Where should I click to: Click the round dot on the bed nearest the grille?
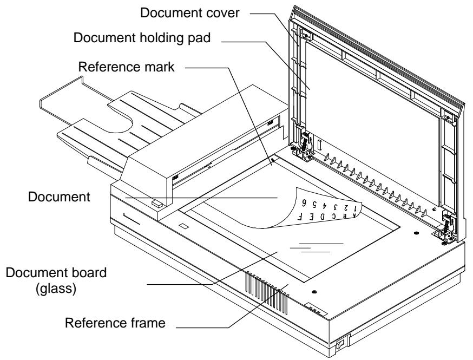pyautogui.click(x=316, y=292)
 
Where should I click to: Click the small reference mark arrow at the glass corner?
pyautogui.click(x=273, y=160)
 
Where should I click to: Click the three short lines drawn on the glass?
pyautogui.click(x=317, y=248)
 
